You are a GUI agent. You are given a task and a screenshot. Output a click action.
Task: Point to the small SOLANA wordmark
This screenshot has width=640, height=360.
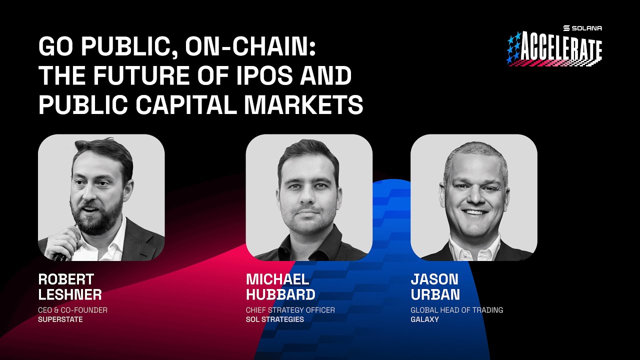(586, 28)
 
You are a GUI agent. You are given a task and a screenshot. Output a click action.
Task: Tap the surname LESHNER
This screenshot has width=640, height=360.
(69, 294)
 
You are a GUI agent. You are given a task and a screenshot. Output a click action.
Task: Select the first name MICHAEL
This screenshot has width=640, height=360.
(277, 279)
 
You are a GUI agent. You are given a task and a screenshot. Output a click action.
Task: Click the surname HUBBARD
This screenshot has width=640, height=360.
(280, 294)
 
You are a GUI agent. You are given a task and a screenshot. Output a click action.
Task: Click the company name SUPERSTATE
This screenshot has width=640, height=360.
(60, 319)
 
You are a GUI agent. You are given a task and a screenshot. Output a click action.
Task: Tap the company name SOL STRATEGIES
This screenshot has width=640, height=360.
(274, 319)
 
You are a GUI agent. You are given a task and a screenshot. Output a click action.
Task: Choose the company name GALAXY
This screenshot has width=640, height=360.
(424, 319)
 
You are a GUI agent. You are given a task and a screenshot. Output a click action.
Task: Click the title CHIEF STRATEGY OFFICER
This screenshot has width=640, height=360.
(290, 310)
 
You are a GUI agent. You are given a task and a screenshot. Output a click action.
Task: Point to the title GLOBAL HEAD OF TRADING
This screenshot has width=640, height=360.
(456, 310)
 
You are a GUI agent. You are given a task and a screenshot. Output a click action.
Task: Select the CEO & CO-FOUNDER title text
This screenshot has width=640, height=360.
(72, 310)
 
